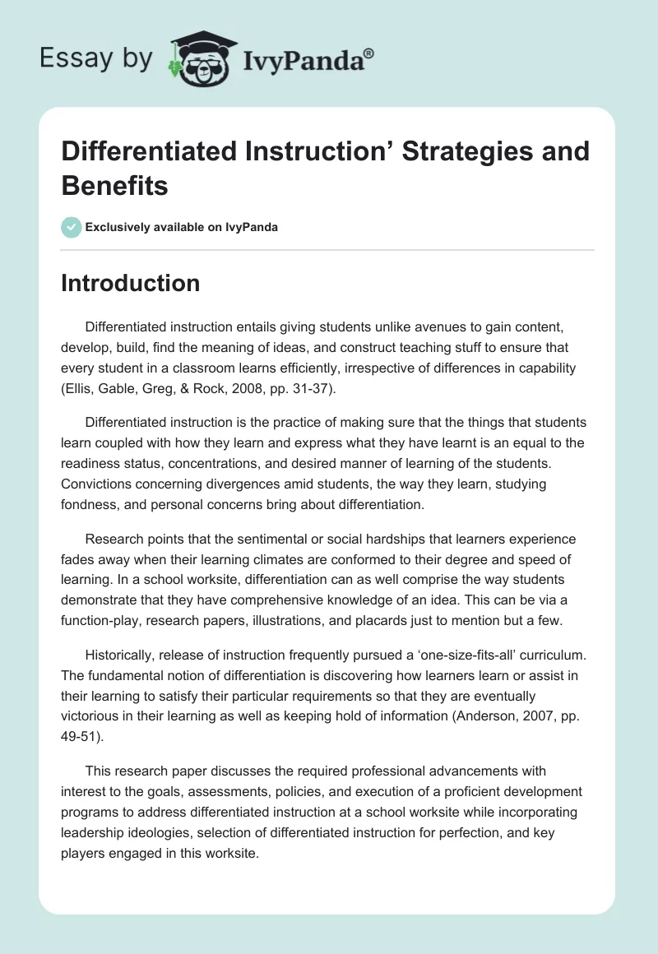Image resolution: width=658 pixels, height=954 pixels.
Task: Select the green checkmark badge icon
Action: pos(71,227)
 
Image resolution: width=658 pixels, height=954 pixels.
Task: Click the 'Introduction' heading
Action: pos(130,283)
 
